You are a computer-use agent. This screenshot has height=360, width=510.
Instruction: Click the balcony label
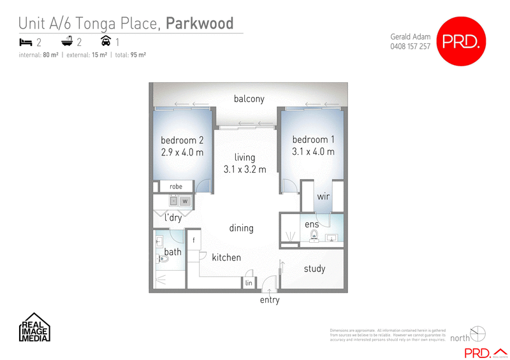249,99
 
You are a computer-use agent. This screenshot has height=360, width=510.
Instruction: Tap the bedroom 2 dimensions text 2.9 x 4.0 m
182,152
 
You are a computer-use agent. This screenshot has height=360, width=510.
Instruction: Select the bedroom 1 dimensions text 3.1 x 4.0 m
313,152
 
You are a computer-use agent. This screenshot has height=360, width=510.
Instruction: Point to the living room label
244,157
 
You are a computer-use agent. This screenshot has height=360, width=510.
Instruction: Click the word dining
241,228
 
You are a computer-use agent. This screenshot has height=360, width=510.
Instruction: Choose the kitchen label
226,257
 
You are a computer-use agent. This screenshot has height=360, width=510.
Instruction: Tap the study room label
314,269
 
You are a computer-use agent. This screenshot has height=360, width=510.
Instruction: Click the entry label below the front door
270,300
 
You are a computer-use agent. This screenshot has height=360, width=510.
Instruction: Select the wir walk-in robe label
323,198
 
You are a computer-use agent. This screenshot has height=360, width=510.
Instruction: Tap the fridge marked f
193,241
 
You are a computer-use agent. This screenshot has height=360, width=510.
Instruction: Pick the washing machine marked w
186,201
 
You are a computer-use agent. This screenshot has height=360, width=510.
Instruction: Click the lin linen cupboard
249,282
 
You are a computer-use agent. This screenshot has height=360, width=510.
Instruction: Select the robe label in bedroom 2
176,187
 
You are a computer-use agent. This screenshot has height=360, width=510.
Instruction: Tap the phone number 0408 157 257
410,47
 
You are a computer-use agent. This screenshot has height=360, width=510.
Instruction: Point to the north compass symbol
477,333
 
